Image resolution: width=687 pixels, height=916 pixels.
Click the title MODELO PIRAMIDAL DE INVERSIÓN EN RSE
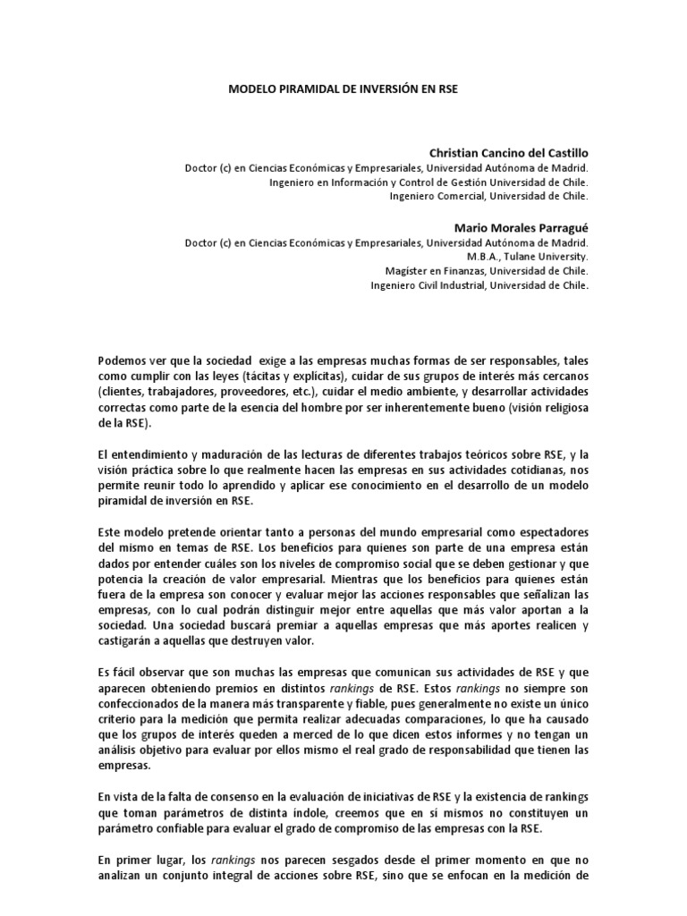[343, 90]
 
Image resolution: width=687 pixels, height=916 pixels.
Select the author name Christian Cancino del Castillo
[509, 153]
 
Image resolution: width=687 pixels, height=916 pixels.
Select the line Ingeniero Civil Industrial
[479, 285]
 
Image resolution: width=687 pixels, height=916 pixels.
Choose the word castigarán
[131, 641]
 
